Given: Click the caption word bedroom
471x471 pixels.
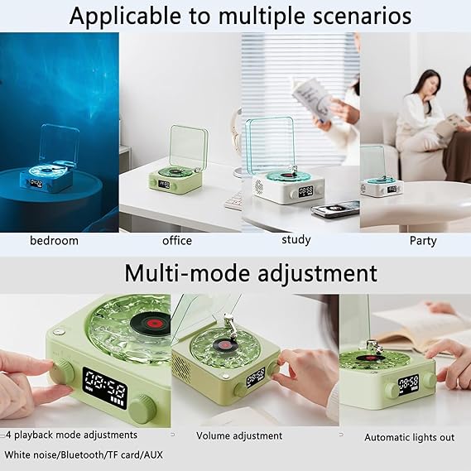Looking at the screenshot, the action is [x=54, y=241].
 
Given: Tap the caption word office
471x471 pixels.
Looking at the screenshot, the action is [x=177, y=241].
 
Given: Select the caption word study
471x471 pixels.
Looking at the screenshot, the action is [x=296, y=240].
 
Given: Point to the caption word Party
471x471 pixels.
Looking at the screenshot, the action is [x=423, y=241].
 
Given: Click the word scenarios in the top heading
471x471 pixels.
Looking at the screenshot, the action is [x=362, y=16].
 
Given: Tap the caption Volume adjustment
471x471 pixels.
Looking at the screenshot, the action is [x=239, y=436].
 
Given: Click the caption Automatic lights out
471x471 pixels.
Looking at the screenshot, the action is [x=410, y=437].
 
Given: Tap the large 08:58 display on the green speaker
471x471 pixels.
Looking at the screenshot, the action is [x=105, y=387].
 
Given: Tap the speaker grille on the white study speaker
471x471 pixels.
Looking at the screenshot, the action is [x=258, y=186].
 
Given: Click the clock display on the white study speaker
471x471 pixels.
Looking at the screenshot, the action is [x=305, y=191].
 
